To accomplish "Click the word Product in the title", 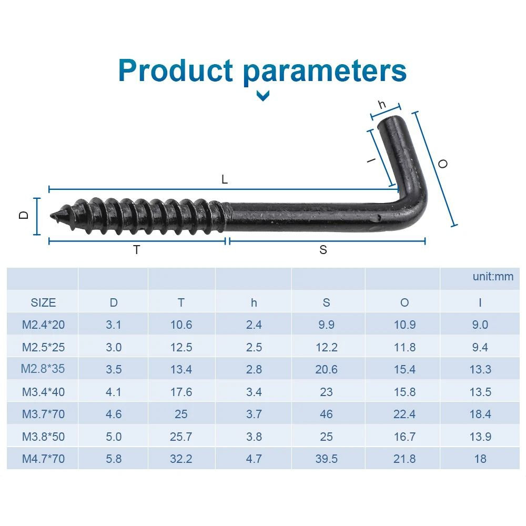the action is [176, 71].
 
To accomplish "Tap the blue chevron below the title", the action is [262, 96].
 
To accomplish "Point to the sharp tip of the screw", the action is [51, 216].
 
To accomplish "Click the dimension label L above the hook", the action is [225, 179].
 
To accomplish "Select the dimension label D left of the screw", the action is [24, 215].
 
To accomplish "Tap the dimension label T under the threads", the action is [137, 250].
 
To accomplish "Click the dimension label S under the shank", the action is [323, 250].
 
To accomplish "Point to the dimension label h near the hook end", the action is [382, 105].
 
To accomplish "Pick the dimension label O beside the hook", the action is [443, 164].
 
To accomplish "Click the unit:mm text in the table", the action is [493, 277].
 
